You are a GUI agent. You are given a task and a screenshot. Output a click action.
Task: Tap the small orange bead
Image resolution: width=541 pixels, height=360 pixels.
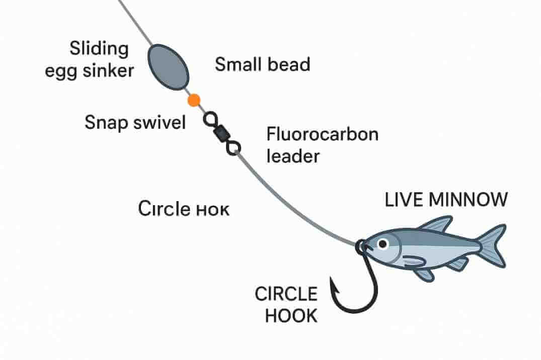pyautogui.click(x=194, y=101)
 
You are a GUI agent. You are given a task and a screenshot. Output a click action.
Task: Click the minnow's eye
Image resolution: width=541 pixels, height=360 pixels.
pyautogui.click(x=383, y=244)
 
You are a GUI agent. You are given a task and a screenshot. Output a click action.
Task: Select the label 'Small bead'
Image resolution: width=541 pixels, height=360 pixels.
pyautogui.click(x=262, y=64)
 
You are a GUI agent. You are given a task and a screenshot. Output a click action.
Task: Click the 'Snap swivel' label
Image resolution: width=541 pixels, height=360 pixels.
pyautogui.click(x=135, y=122)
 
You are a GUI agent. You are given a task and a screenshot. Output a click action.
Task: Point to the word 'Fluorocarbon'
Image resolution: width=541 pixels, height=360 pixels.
pyautogui.click(x=322, y=135)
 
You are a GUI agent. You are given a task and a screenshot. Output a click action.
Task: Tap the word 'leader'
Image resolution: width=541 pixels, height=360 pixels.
pyautogui.click(x=293, y=156)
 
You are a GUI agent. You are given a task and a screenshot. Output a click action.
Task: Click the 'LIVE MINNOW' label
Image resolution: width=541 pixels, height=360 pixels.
pyautogui.click(x=446, y=200)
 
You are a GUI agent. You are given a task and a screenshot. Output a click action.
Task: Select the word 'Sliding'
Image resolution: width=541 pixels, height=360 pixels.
pyautogui.click(x=99, y=49)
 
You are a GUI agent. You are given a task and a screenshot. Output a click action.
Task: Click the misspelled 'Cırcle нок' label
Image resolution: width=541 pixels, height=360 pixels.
pyautogui.click(x=183, y=209)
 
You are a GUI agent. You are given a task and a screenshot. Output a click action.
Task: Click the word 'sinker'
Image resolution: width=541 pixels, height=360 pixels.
pyautogui.click(x=109, y=70)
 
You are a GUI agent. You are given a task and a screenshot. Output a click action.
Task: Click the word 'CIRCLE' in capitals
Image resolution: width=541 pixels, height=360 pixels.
pyautogui.click(x=286, y=294)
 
